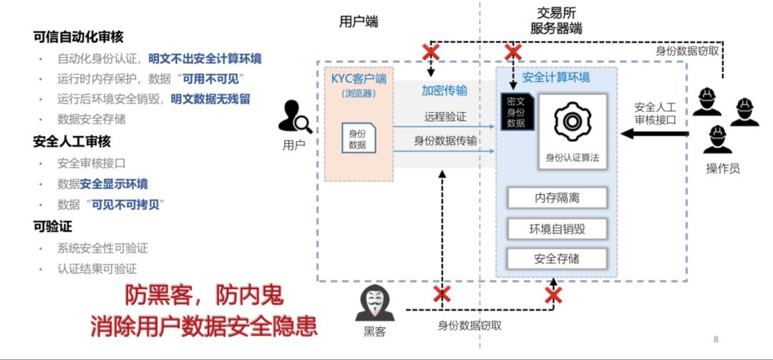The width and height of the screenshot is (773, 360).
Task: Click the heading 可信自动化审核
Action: (x=78, y=37)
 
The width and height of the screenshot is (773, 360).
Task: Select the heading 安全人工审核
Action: (x=72, y=142)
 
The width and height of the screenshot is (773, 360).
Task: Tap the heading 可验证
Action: (x=52, y=227)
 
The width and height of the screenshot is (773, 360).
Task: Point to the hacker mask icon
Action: (x=375, y=304)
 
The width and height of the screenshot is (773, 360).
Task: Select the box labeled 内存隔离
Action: (x=557, y=198)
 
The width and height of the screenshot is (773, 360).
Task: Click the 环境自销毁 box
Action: (x=557, y=229)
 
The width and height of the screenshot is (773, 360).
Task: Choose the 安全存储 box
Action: (x=557, y=259)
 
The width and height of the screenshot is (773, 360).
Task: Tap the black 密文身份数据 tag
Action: (x=516, y=112)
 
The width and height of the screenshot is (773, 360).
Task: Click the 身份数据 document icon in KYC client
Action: (x=357, y=138)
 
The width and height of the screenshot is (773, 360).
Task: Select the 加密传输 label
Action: (x=444, y=90)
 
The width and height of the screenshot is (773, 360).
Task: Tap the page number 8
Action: (x=716, y=339)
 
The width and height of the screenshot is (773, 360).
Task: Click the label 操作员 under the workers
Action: (x=722, y=168)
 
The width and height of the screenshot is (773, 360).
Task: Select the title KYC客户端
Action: (x=358, y=79)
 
